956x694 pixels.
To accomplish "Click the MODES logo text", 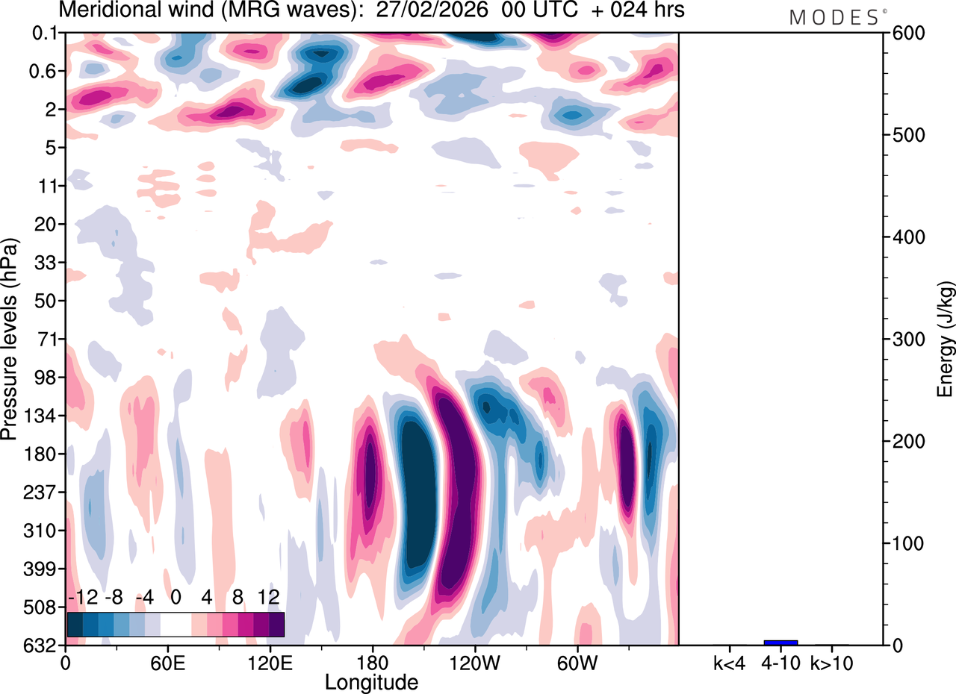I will pos(834,18).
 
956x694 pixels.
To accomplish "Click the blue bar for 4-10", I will pos(780,643).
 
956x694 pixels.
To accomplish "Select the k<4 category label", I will pos(729,662).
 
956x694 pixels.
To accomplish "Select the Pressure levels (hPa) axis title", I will pos(10,340).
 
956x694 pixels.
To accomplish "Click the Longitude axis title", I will pos(371,681).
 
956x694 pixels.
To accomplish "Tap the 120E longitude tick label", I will pos(270,662).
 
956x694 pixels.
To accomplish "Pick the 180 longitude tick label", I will pos(372,662).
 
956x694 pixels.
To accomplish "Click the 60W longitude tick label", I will pos(577,662).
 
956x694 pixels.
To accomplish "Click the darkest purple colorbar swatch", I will pos(276,624).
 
